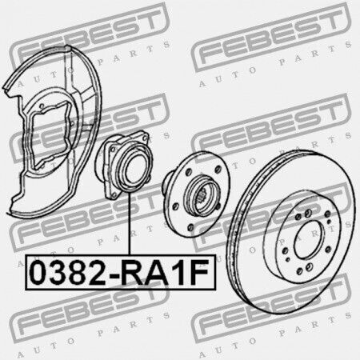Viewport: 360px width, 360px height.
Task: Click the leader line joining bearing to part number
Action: coord(130,223)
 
